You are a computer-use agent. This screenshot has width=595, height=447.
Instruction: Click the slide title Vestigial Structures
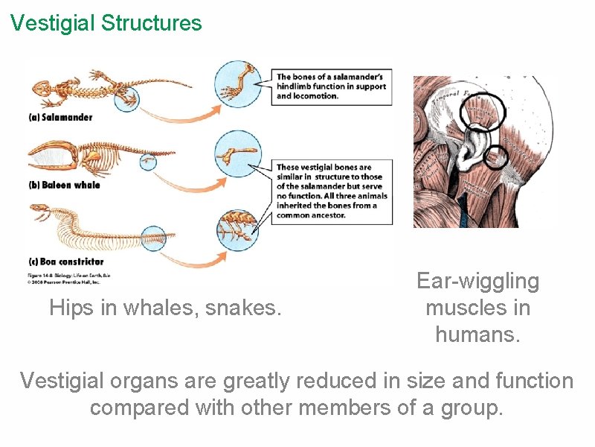click(x=106, y=23)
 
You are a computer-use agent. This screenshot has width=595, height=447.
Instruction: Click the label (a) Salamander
click(x=60, y=118)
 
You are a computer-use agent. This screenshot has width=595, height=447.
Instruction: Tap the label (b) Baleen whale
click(x=65, y=185)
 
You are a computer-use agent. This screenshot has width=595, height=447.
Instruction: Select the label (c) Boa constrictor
click(x=67, y=261)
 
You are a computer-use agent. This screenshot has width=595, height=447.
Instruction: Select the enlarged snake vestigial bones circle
click(x=239, y=226)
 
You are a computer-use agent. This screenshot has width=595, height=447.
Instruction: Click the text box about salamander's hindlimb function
click(x=331, y=86)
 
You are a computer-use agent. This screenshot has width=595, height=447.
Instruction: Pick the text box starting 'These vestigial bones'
click(x=331, y=191)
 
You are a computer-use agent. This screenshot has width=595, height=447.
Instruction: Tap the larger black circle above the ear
click(x=480, y=113)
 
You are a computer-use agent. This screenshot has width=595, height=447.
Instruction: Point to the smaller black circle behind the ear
click(x=496, y=156)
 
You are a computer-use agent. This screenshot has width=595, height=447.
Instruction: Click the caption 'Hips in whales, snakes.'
click(x=165, y=307)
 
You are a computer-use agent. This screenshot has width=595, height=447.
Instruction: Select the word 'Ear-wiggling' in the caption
click(x=477, y=281)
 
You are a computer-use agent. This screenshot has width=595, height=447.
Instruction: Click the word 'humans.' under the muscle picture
click(x=477, y=335)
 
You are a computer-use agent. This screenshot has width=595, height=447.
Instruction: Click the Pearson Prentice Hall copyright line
click(x=63, y=282)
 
